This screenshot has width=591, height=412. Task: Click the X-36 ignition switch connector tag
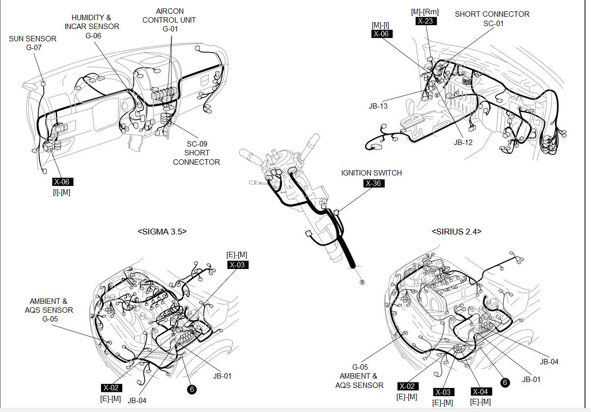(374, 183)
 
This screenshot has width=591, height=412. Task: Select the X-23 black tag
(426, 21)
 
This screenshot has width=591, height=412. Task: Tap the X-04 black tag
(480, 392)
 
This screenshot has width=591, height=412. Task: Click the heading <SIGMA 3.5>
(162, 231)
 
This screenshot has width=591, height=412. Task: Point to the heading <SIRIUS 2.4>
(456, 231)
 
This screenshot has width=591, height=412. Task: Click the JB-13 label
(378, 106)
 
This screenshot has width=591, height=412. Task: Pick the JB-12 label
(463, 143)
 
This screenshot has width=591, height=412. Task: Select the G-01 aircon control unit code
(170, 29)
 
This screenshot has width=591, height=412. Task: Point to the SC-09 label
(197, 144)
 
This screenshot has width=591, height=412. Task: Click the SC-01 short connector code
(493, 23)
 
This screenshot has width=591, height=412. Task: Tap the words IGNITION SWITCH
(371, 173)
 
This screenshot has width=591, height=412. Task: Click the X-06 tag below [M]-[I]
(381, 34)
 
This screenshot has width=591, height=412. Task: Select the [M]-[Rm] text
(425, 12)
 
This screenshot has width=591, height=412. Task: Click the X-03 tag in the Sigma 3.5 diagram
(238, 265)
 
